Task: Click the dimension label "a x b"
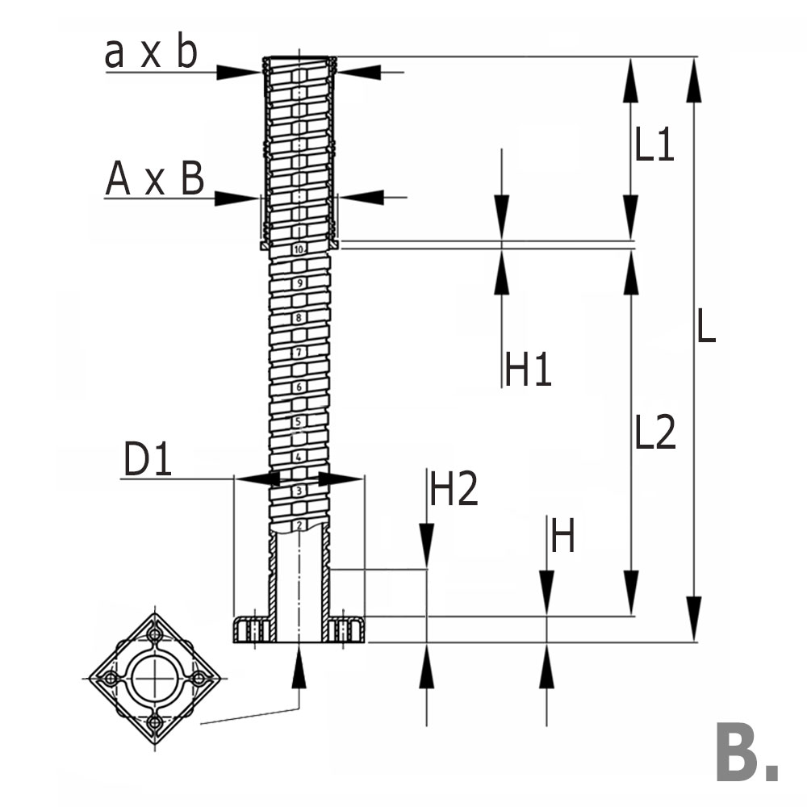tap(151, 53)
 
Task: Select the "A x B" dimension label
tap(155, 178)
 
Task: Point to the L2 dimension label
tap(654, 434)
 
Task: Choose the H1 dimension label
tap(529, 370)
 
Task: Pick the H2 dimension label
tap(454, 489)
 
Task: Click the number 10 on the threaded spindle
tap(299, 250)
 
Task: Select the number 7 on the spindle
tap(299, 353)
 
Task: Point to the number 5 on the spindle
tap(299, 421)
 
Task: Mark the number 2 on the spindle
tap(299, 525)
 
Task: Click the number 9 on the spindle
tap(299, 283)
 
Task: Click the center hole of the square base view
tap(154, 678)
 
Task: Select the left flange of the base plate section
tap(250, 629)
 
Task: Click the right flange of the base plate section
tap(348, 629)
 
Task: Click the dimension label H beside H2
tap(562, 537)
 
